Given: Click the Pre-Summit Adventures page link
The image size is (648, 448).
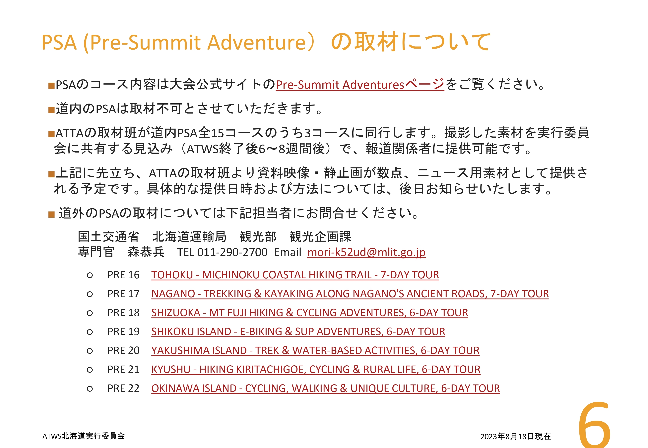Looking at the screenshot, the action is (x=360, y=84).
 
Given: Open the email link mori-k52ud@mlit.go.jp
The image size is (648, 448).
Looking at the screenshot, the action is (x=366, y=252).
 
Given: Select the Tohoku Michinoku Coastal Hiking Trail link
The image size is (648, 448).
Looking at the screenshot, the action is (x=295, y=275).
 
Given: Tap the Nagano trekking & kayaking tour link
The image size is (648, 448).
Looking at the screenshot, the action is (x=350, y=294).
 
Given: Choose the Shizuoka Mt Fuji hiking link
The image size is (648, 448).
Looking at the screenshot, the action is (x=310, y=313).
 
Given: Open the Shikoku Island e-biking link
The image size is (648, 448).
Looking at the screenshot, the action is (x=298, y=332).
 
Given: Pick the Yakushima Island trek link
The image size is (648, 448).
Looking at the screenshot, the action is (x=315, y=351).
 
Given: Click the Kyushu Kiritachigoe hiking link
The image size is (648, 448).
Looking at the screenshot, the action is (x=316, y=369).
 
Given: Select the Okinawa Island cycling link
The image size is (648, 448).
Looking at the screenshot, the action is (x=325, y=388).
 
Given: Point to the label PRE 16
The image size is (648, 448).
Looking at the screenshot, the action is (x=123, y=275).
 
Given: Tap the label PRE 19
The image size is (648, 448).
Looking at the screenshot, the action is (x=123, y=332).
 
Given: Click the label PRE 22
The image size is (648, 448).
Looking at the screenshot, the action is (x=123, y=388).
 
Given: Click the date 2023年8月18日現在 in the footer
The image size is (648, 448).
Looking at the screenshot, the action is (x=516, y=436).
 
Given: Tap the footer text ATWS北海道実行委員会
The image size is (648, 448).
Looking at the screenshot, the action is (x=84, y=436).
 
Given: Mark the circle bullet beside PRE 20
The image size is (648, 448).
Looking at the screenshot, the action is (x=90, y=351).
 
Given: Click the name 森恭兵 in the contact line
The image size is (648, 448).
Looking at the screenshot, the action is (x=146, y=252).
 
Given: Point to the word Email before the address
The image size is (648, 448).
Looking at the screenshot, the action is (x=288, y=252).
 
